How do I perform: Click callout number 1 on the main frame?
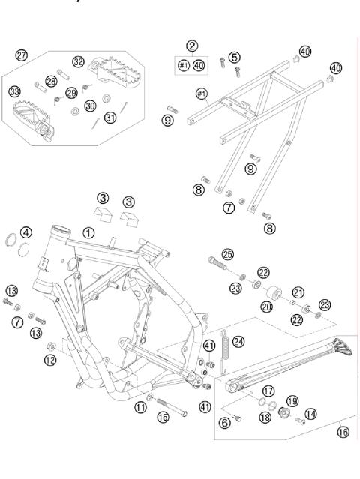[x=88, y=232]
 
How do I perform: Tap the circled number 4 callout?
[x=26, y=232]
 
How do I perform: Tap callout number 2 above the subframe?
[x=193, y=46]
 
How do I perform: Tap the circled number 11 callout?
[x=140, y=407]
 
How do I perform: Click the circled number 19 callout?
[x=292, y=402]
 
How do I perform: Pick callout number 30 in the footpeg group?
[x=90, y=106]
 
